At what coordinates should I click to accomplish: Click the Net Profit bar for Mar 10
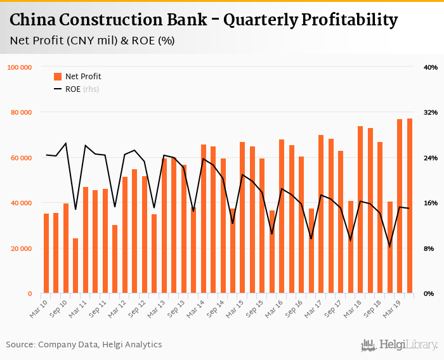pyautogui.click(x=46, y=254)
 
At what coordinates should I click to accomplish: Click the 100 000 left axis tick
pyautogui.click(x=20, y=67)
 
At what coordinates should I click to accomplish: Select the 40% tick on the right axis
pyautogui.click(x=430, y=67)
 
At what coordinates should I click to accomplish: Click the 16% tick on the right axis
pyautogui.click(x=430, y=203)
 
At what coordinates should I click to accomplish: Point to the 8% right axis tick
pyautogui.click(x=430, y=248)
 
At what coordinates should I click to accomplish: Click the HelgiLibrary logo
pyautogui.click(x=399, y=345)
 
